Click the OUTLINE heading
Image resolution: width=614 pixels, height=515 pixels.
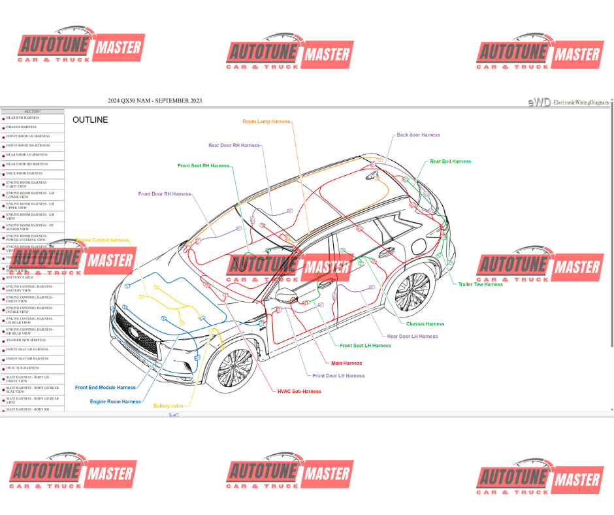click(90, 120)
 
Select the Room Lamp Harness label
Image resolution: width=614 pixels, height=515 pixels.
click(266, 122)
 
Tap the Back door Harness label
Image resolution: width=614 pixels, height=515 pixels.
click(418, 135)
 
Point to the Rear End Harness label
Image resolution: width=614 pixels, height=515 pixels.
click(450, 161)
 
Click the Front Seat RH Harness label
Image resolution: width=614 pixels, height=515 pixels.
click(203, 166)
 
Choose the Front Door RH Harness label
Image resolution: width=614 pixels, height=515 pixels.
click(164, 194)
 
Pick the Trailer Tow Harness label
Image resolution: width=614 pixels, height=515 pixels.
click(480, 284)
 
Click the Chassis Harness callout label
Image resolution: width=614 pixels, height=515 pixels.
click(425, 324)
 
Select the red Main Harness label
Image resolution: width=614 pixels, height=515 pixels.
click(346, 363)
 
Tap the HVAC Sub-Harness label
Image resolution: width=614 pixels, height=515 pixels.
click(299, 391)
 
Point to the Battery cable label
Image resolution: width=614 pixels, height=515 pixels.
click(168, 406)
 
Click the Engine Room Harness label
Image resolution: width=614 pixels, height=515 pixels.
click(115, 401)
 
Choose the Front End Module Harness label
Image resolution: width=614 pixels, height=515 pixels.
click(105, 388)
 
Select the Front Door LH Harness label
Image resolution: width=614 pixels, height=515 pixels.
click(338, 376)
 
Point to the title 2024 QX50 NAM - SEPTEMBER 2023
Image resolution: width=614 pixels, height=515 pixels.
click(155, 100)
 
